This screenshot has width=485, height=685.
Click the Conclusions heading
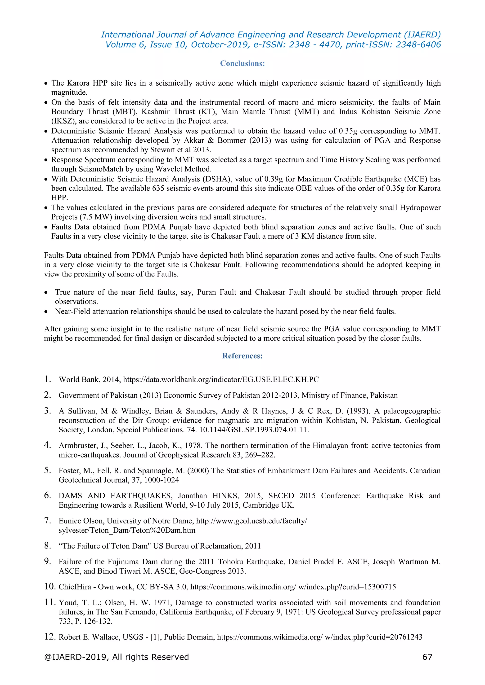(x=242, y=64)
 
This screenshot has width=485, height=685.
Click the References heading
(x=242, y=356)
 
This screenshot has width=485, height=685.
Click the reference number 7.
(x=48, y=521)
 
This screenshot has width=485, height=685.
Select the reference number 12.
(x=50, y=637)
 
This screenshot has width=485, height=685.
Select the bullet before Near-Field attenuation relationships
(x=46, y=312)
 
